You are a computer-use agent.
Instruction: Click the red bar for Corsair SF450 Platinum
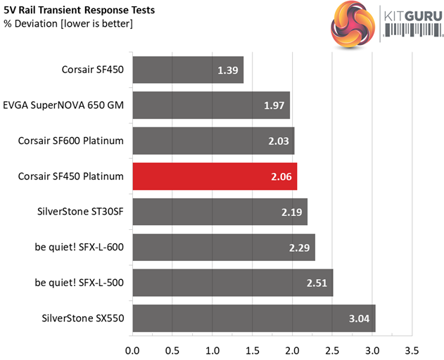point(214,176)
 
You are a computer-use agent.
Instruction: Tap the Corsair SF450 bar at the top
point(187,70)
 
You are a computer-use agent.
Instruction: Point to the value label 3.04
point(361,318)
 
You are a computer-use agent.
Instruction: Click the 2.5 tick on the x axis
point(332,349)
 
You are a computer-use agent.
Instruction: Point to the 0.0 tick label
point(132,349)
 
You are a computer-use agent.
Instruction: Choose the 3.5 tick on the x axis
point(412,349)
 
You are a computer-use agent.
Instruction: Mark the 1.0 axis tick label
point(212,349)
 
